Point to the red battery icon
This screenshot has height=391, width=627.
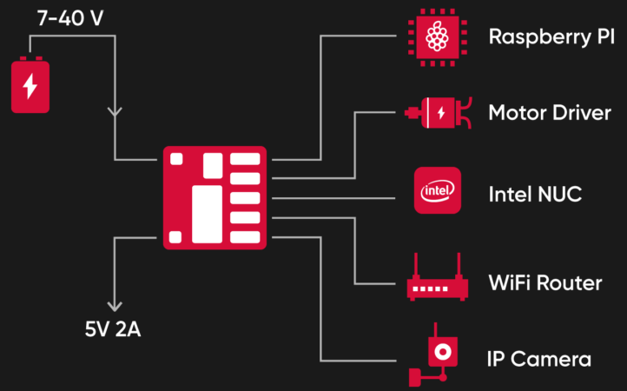click(x=30, y=85)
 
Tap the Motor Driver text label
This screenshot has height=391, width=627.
click(x=550, y=114)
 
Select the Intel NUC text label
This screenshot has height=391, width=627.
click(x=535, y=193)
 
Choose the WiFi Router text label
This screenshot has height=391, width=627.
click(x=544, y=283)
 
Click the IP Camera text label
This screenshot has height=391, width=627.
click(x=539, y=359)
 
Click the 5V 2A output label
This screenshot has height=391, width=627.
click(x=113, y=329)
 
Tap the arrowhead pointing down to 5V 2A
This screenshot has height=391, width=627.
click(x=114, y=305)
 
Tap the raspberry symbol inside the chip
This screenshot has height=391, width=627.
click(x=438, y=36)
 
